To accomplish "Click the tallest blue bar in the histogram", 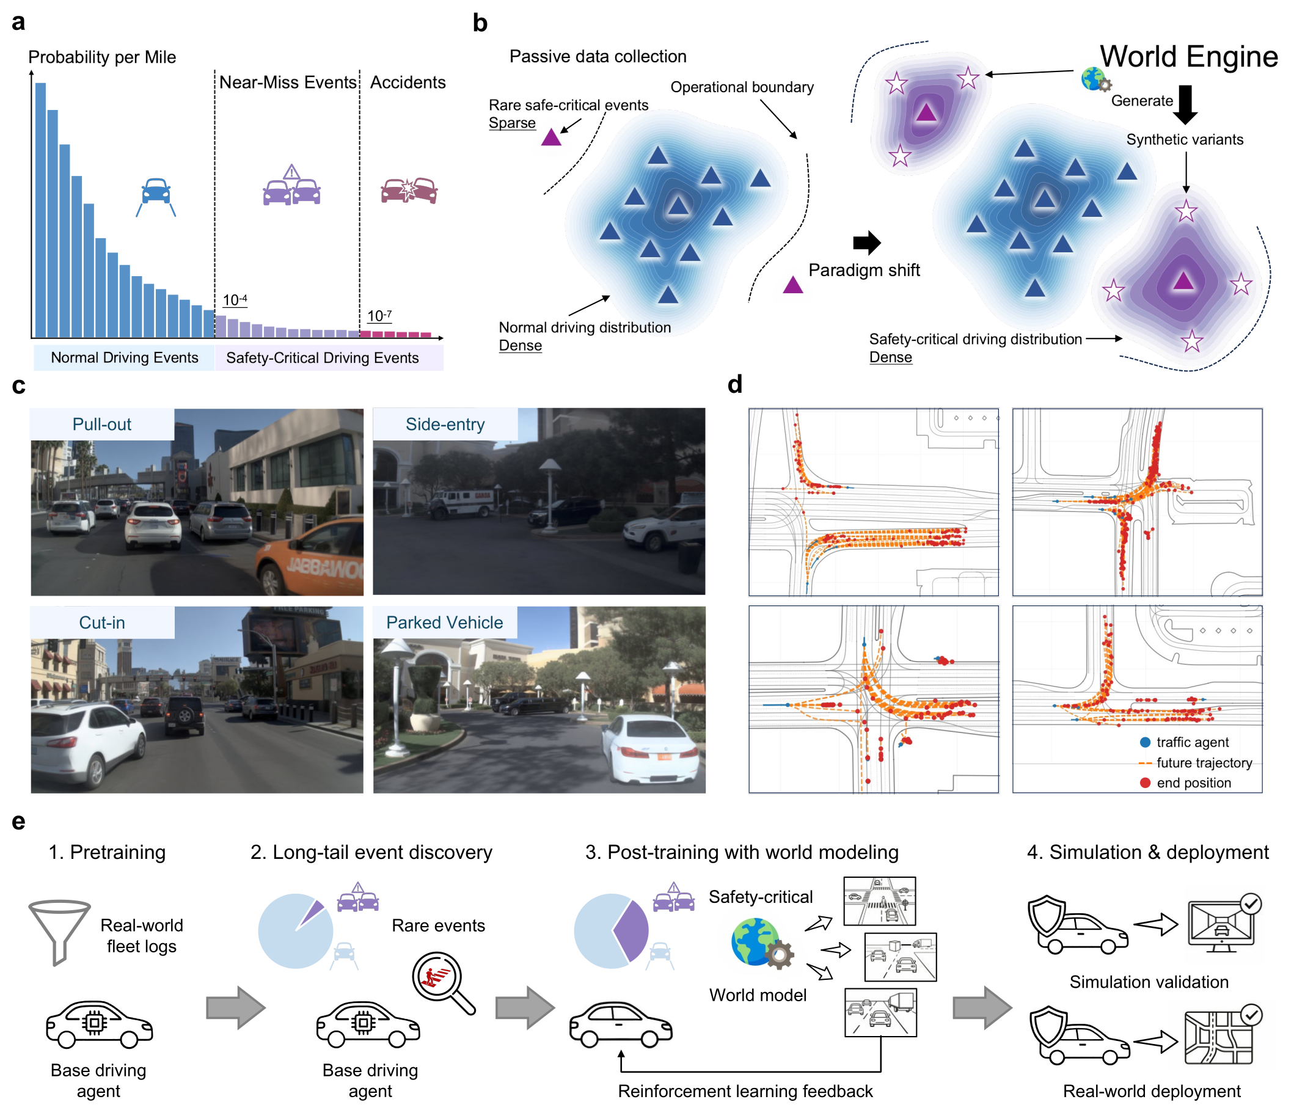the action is pyautogui.click(x=40, y=211).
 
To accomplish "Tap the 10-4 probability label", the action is pyautogui.click(x=235, y=301).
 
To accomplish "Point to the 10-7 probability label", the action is pyautogui.click(x=379, y=316).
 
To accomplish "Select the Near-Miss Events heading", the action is pyautogui.click(x=288, y=82).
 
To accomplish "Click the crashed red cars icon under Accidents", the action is pyautogui.click(x=409, y=191).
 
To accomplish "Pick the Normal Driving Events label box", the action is pyautogui.click(x=124, y=358).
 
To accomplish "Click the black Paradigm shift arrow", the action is pyautogui.click(x=867, y=243).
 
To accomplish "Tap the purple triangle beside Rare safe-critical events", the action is pyautogui.click(x=551, y=137).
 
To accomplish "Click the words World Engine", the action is pyautogui.click(x=1188, y=56).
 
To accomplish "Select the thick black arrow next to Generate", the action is pyautogui.click(x=1185, y=104).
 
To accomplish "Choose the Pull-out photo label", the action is pyautogui.click(x=102, y=425).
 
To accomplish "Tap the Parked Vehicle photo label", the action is pyautogui.click(x=445, y=622).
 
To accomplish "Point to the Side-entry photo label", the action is pyautogui.click(x=445, y=425).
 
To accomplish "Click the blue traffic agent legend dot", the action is pyautogui.click(x=1146, y=742).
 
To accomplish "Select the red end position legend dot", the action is pyautogui.click(x=1146, y=783).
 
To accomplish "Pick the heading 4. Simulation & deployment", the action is pyautogui.click(x=1148, y=852).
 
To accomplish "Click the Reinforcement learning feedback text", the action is pyautogui.click(x=745, y=1091).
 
